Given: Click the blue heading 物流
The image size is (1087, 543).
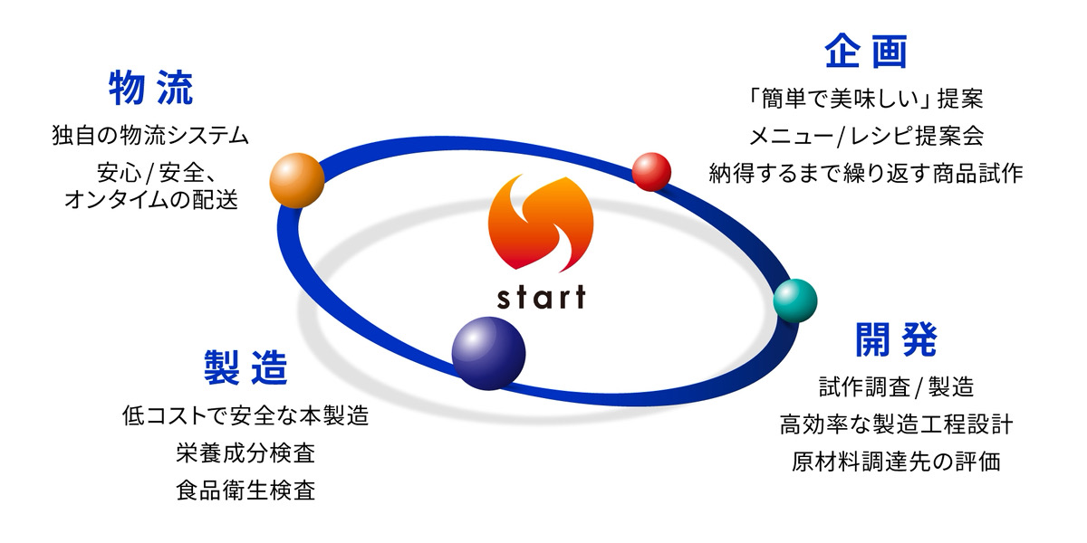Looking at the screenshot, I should pyautogui.click(x=150, y=89).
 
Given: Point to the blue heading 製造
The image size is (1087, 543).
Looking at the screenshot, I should pyautogui.click(x=245, y=367).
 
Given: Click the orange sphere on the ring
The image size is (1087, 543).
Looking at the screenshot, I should pyautogui.click(x=297, y=180).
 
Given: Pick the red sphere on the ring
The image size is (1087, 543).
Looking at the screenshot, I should pyautogui.click(x=651, y=171).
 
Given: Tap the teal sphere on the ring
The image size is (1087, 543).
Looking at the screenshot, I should pyautogui.click(x=795, y=300).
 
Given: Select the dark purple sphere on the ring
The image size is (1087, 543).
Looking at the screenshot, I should pyautogui.click(x=488, y=352).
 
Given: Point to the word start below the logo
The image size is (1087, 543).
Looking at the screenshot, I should pyautogui.click(x=541, y=297).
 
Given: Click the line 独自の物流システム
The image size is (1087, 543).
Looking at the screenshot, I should pyautogui.click(x=150, y=137).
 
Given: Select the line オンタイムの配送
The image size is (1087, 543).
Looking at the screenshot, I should pyautogui.click(x=151, y=200).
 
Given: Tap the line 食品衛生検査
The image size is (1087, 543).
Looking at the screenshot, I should pyautogui.click(x=245, y=491).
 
